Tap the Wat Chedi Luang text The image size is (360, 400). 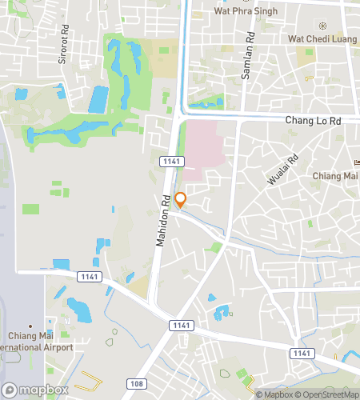pos(322,38)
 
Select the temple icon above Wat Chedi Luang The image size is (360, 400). pos(322,25)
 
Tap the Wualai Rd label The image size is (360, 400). pos(283,170)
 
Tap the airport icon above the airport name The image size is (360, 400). pos(30,325)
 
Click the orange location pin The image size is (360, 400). pos(181,199)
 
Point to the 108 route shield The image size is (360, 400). pos(136,384)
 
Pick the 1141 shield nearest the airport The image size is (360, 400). pos(90,276)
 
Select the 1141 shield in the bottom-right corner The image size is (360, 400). pos(302,353)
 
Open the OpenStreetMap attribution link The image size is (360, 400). pos(327,394)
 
